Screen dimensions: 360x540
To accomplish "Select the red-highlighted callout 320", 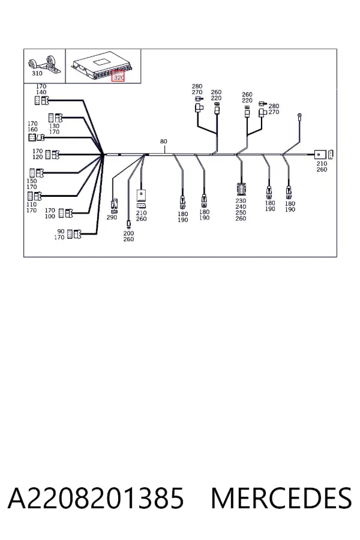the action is [119, 77].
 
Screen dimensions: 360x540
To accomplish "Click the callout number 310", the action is [37, 73].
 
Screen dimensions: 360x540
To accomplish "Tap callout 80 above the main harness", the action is [163, 141].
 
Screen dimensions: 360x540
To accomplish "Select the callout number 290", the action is [112, 217].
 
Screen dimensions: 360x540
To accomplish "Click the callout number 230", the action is [241, 200].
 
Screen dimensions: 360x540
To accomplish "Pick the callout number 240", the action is [241, 206].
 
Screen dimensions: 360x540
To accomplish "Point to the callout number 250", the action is [241, 212].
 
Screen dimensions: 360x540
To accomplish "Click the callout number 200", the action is [128, 233].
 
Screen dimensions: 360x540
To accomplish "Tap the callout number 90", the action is [61, 231].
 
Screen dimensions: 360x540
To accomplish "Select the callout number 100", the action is [50, 216].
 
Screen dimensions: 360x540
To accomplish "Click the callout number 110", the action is [31, 204].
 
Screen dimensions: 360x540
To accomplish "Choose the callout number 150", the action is [31, 181].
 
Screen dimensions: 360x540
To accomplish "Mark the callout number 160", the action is [32, 129].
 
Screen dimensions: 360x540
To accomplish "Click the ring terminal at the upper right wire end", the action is [300, 115].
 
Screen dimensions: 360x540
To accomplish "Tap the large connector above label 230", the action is [241, 189].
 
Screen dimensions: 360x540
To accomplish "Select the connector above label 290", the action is [113, 206].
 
